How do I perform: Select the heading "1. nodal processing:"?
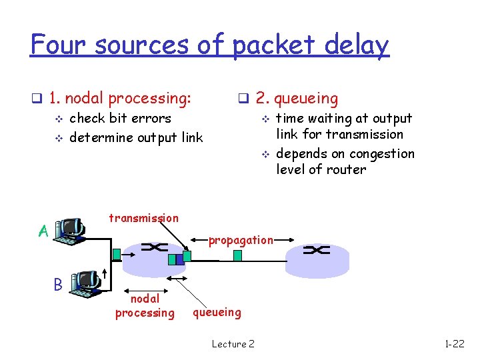coord(120,99)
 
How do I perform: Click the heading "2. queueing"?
coord(297,99)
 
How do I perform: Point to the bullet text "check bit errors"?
coord(120,119)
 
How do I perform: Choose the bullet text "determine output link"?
coord(136,137)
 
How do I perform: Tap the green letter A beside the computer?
coord(43,231)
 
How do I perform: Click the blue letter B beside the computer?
coord(58,285)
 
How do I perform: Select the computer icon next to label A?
coord(70,229)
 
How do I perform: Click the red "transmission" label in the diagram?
coord(143,218)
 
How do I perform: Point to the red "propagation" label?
coord(241,240)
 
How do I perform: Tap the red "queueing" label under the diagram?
coord(217,311)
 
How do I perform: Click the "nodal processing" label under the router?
coord(145,306)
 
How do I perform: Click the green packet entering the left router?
coord(117,253)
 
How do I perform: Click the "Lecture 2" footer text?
coord(233,344)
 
